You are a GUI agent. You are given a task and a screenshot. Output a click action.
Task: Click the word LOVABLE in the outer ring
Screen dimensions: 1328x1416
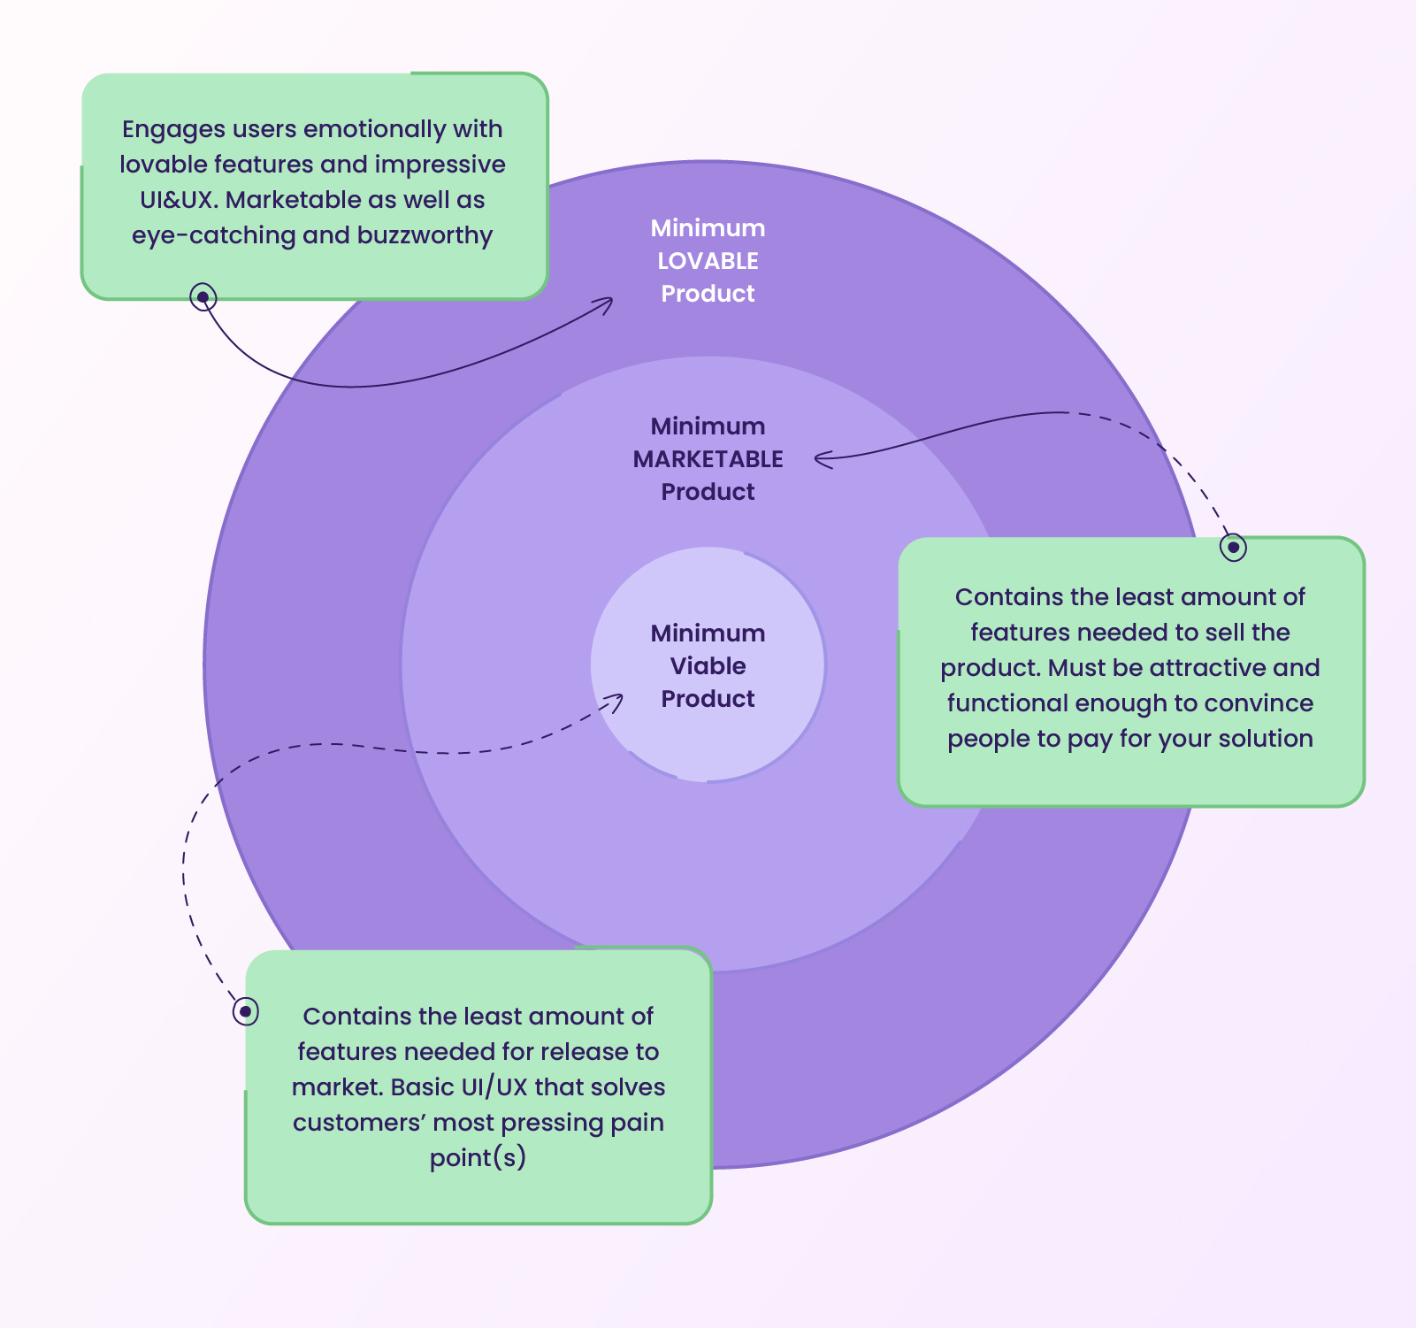click(708, 261)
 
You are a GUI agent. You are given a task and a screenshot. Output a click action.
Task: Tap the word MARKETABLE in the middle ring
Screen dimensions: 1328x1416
click(708, 459)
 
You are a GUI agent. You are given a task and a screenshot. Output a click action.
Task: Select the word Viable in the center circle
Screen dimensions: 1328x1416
click(708, 666)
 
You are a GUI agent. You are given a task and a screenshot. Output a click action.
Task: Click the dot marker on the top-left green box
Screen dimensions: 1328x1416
click(203, 296)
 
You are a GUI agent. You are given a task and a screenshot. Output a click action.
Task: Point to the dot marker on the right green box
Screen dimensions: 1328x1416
click(1233, 547)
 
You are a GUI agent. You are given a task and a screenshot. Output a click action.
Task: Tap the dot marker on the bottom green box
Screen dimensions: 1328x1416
click(245, 1010)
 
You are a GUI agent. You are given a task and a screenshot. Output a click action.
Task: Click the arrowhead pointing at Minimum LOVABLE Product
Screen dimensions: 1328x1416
click(607, 303)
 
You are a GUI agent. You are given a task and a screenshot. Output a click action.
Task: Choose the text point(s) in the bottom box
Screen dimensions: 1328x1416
click(478, 1158)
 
